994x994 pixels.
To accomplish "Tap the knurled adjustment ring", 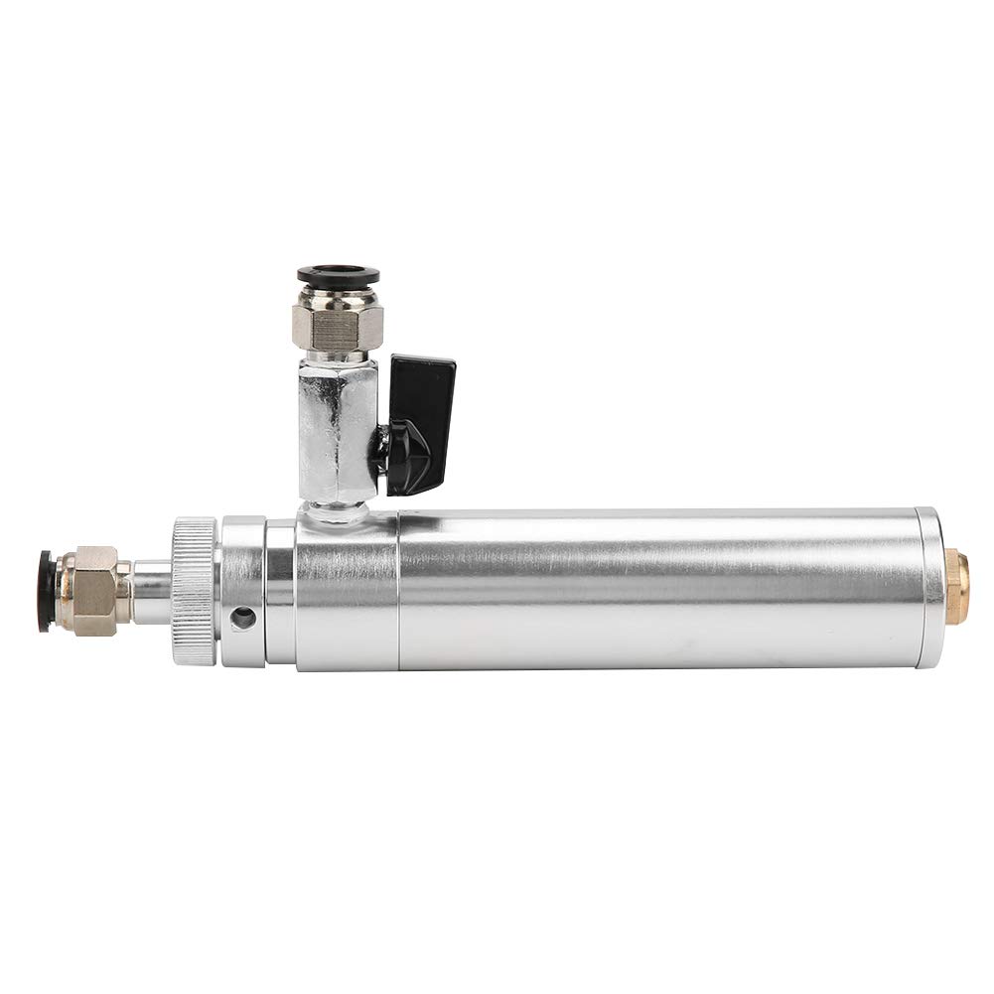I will coord(194,590).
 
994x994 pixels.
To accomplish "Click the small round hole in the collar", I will coord(242,619).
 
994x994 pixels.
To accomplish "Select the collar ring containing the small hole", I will coord(242,591).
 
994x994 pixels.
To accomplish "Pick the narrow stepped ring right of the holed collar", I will coord(280,592).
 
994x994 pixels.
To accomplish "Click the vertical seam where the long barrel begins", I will coord(398,592).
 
